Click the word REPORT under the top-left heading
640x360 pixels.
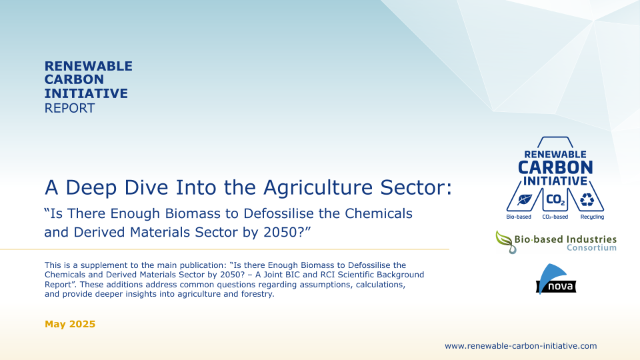click(69, 108)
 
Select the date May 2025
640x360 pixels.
click(70, 324)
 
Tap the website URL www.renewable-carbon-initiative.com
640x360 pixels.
click(521, 346)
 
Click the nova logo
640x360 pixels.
click(555, 279)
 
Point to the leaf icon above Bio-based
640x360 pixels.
click(524, 199)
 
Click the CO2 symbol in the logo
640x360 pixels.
click(555, 199)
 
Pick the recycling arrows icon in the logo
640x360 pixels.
click(587, 199)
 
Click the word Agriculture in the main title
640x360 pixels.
click(318, 188)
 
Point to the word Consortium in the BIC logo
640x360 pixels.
click(591, 248)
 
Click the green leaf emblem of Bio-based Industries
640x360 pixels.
click(505, 241)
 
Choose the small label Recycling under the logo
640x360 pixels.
click(592, 217)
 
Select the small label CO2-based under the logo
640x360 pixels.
click(555, 217)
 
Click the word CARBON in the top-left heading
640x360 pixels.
click(74, 79)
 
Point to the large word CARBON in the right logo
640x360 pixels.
click(555, 168)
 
